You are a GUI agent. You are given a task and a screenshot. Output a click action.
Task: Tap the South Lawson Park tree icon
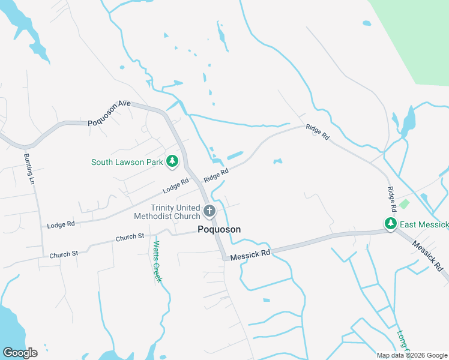(172, 161)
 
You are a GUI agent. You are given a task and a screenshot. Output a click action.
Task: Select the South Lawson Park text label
(127, 162)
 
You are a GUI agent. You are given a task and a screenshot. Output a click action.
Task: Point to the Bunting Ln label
(29, 169)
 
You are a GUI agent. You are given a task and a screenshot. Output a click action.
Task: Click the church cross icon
(209, 211)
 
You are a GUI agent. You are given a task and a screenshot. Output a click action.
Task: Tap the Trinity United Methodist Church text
(166, 212)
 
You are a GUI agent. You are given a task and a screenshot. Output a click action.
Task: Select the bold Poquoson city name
(219, 229)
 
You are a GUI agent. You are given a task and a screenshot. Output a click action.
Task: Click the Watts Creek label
(157, 262)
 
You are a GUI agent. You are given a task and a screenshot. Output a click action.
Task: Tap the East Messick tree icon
(391, 224)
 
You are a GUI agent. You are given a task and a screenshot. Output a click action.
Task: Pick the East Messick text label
(424, 224)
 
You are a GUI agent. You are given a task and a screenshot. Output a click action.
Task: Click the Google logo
(20, 353)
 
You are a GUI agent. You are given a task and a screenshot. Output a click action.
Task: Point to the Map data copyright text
(412, 355)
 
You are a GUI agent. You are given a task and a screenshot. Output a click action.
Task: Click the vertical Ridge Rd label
(392, 199)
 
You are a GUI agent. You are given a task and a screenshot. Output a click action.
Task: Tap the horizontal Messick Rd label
(251, 254)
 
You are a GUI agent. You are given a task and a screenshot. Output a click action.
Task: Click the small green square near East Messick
(404, 204)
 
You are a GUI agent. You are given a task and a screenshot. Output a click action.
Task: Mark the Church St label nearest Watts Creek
(130, 237)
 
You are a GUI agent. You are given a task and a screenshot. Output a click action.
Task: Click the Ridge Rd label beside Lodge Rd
(215, 175)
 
